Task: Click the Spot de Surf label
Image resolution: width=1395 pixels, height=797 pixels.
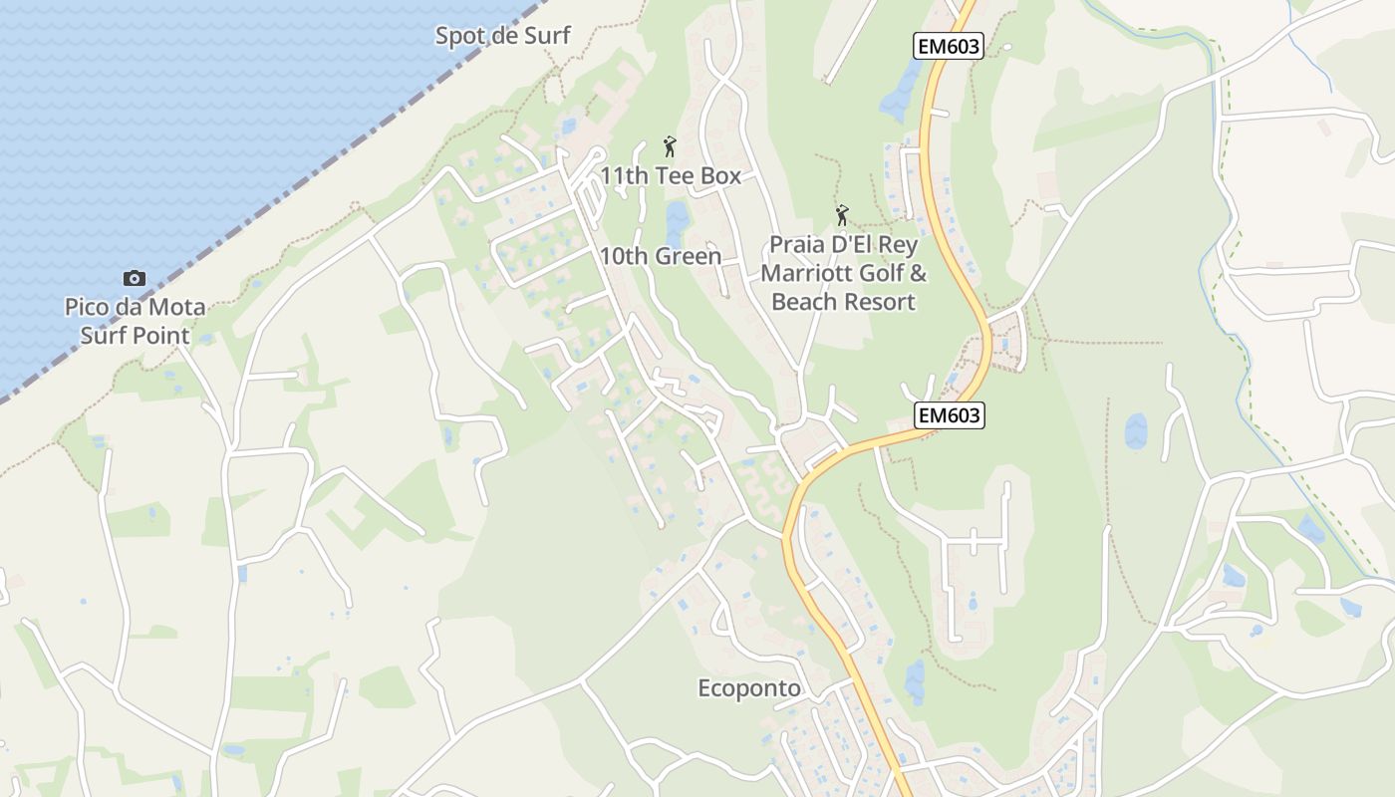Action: point(502,36)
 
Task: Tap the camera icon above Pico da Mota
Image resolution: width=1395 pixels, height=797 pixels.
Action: point(135,278)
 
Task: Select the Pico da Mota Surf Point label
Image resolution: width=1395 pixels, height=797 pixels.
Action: point(135,321)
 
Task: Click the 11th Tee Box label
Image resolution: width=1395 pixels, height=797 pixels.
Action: point(671,176)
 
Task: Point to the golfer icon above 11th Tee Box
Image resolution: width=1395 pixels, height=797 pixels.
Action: point(670,147)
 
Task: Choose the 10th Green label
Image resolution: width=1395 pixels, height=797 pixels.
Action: point(660,256)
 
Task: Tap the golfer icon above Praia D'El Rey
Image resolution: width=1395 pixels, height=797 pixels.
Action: point(843,215)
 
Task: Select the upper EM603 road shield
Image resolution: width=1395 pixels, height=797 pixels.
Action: point(948,46)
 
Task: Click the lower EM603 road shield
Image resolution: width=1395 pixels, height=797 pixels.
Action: point(949,415)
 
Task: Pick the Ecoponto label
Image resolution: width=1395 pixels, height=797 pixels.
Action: point(749,688)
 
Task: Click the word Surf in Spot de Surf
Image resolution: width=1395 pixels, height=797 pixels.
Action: point(546,36)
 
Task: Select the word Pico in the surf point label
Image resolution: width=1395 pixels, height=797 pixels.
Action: point(89,307)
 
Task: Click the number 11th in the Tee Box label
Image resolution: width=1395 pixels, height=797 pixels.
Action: point(625,176)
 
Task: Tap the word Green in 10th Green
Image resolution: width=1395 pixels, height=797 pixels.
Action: point(688,256)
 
